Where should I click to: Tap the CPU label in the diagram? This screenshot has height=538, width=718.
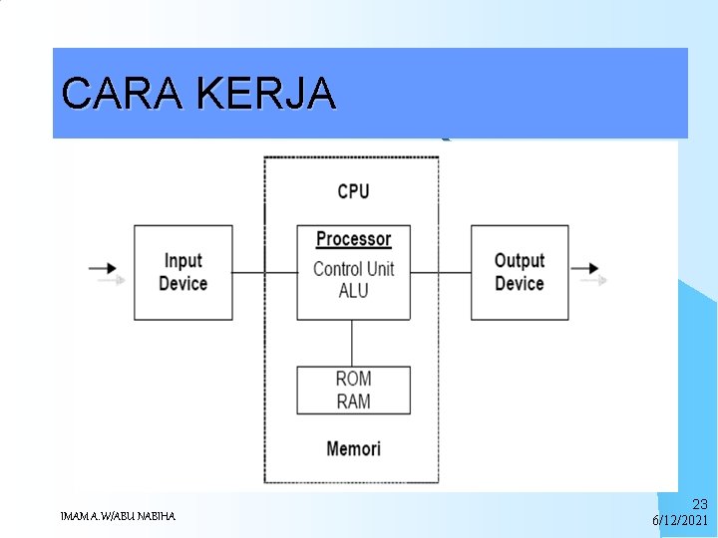tap(353, 190)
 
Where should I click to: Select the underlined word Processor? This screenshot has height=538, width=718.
tap(353, 239)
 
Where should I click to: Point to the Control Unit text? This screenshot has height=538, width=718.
tap(353, 268)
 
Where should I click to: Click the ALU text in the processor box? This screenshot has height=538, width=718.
tap(353, 290)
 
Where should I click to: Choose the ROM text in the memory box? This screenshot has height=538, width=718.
tap(353, 379)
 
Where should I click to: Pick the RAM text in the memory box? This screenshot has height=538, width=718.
tap(353, 401)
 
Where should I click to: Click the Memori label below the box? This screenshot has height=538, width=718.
tap(353, 448)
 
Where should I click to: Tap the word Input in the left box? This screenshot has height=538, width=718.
tap(183, 261)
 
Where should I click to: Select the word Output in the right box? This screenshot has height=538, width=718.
tap(520, 261)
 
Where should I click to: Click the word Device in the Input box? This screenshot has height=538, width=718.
tap(183, 284)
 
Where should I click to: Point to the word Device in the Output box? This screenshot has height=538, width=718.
tap(520, 284)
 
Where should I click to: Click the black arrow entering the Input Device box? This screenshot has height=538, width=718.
tap(104, 268)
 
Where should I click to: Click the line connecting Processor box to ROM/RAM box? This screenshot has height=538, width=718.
tap(352, 343)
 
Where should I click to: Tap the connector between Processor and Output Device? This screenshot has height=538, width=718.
tap(440, 272)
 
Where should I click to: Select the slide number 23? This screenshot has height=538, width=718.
tap(699, 505)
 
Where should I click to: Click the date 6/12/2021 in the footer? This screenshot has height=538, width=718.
tap(680, 521)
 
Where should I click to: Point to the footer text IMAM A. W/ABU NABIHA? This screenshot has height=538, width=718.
tap(118, 516)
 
